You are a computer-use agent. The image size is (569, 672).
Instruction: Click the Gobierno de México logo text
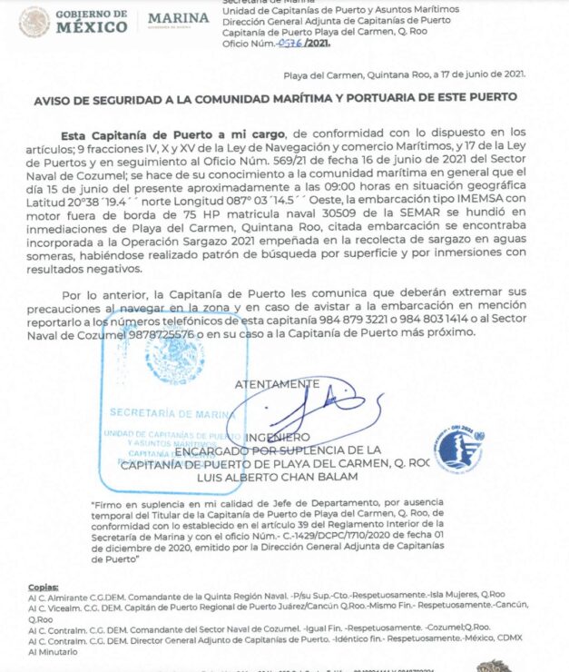92,21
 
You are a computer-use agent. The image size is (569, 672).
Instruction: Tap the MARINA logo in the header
178,19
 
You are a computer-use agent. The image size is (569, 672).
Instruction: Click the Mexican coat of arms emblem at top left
34,21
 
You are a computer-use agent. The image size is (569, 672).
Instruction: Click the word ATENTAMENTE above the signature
277,383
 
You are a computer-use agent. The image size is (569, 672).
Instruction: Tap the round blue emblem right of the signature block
458,449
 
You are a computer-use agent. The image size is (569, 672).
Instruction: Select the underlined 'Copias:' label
43,587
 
